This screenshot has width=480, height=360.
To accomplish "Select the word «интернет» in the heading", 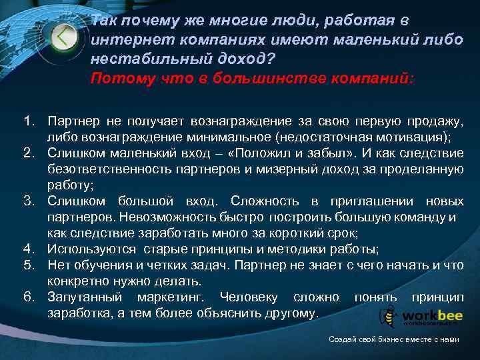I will pos(124,41).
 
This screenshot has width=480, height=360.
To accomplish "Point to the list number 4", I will pos(28,249).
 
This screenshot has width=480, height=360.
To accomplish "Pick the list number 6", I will pos(28,297).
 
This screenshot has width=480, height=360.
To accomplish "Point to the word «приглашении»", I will pos(351,201).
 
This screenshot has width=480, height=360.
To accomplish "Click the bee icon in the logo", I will pos(389,315).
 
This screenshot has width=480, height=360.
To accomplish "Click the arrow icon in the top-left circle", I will pos(63,36).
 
